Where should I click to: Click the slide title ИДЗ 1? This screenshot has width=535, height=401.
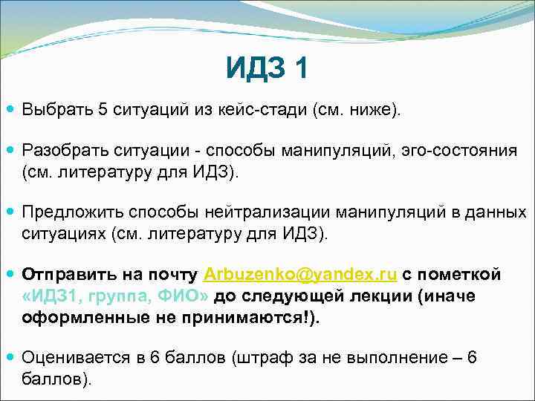[267, 71]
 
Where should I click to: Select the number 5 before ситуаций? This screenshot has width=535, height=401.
[103, 110]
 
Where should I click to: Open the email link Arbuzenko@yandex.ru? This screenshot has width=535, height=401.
[301, 275]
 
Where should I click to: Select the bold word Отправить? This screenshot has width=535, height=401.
[66, 275]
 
